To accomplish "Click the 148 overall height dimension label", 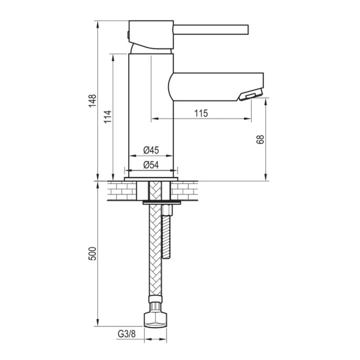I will pos(92,100).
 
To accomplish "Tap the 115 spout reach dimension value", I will pos(201,113).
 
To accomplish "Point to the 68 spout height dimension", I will pos(260,139).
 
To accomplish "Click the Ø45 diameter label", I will pos(151,150).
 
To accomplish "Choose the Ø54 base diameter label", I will pos(151,165).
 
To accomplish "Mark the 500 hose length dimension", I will pos(92,255).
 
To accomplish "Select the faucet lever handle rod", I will pos(210,28).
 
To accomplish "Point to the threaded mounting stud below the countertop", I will pos(167,234).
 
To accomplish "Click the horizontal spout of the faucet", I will pos(215,86).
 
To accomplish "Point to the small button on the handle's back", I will pos(128,34).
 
